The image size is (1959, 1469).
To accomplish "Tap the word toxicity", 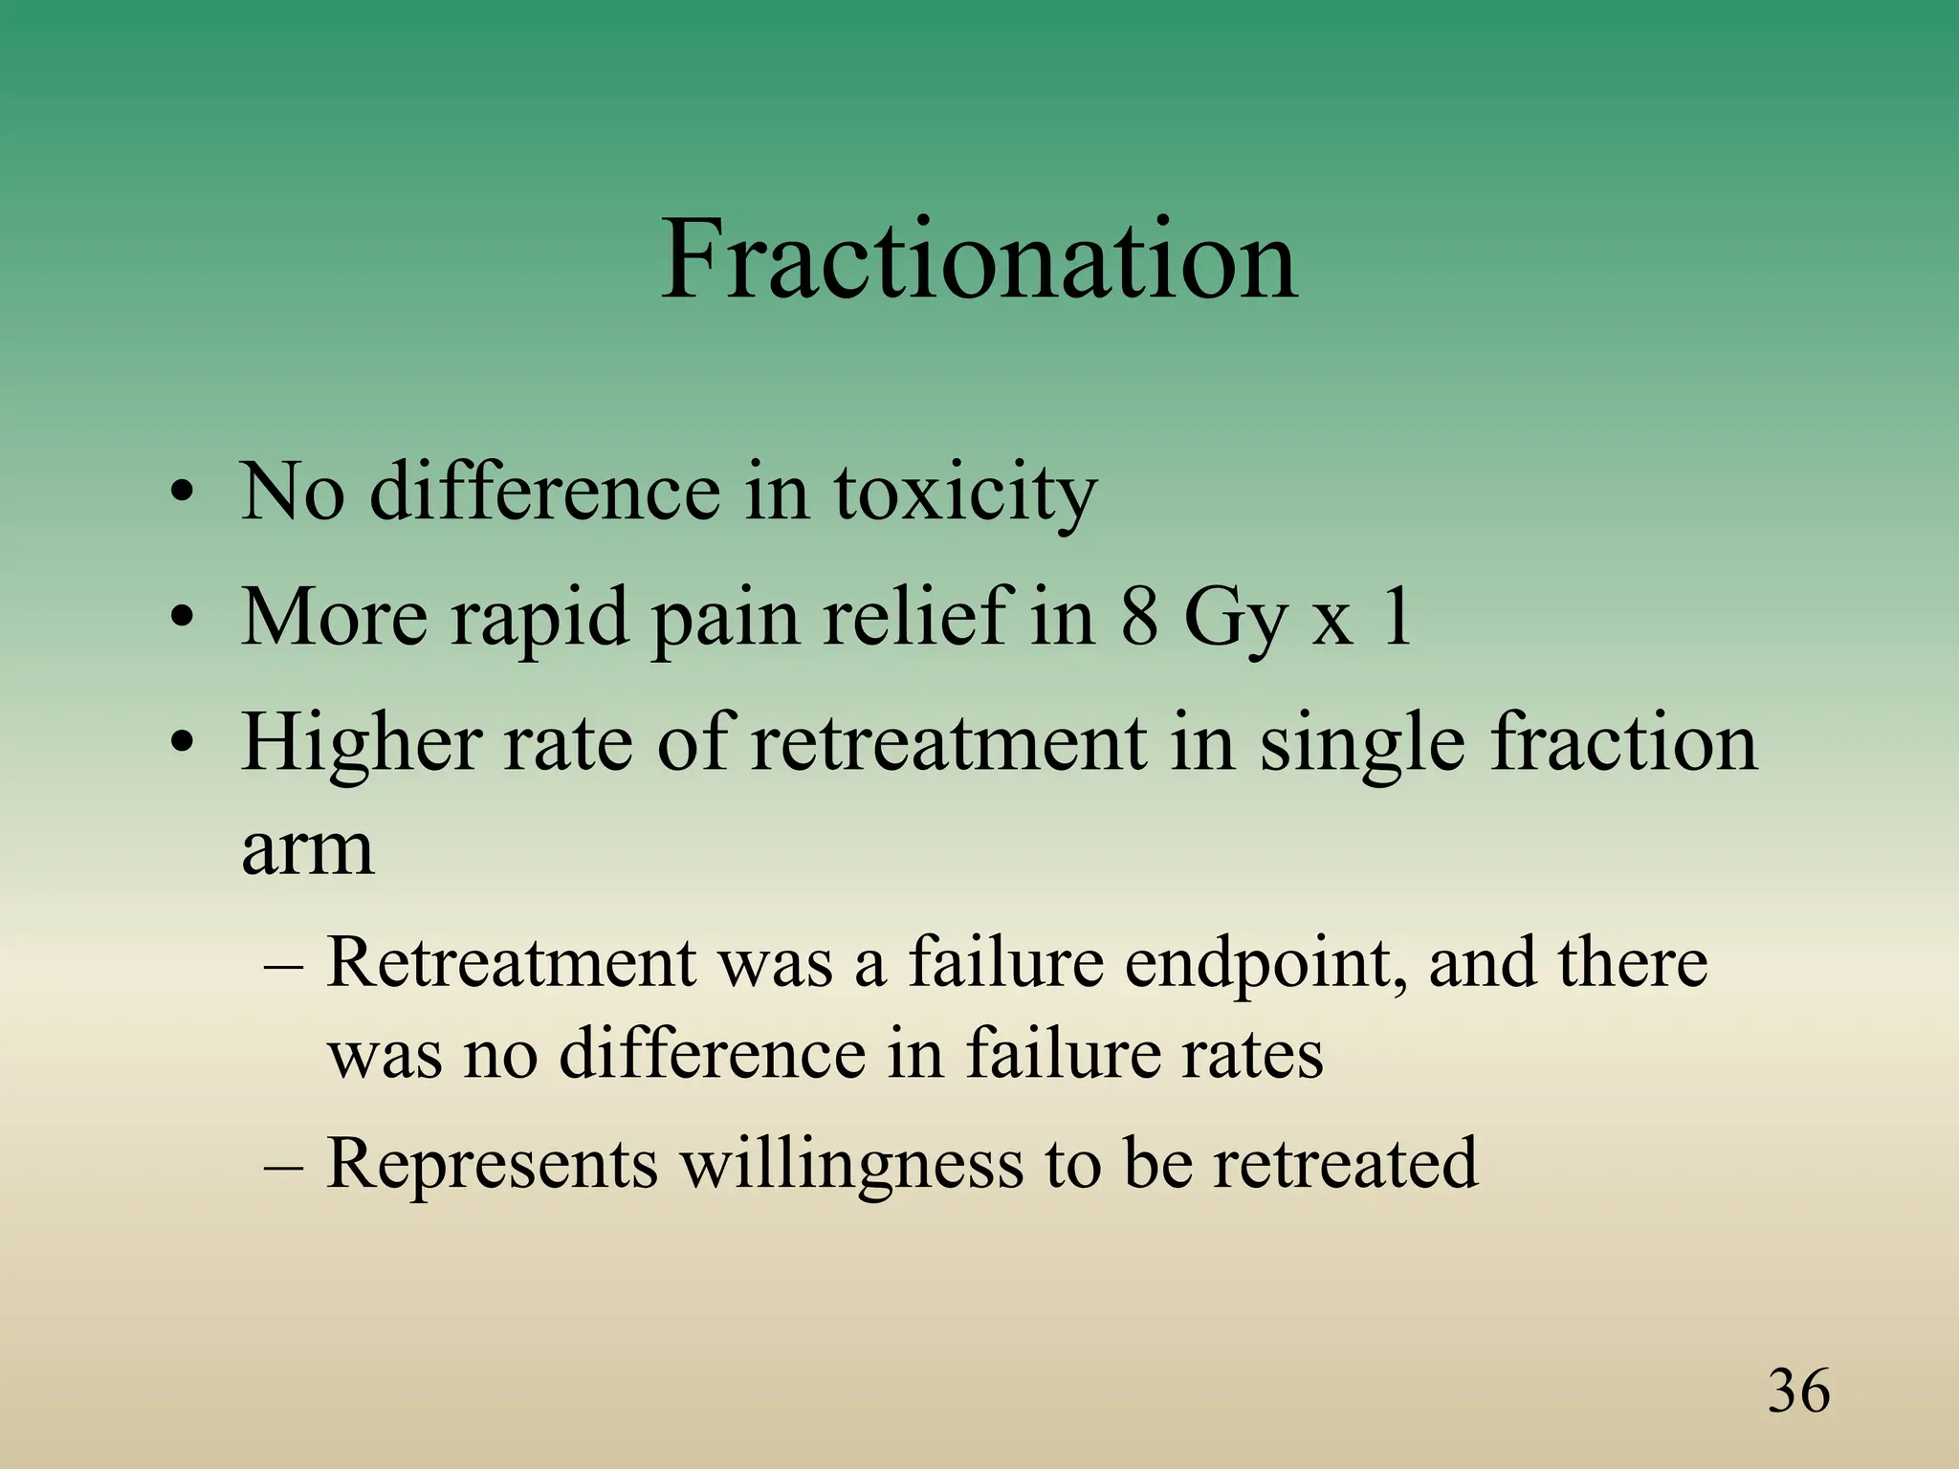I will coord(965,493).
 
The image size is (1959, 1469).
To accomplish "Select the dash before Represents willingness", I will coord(283,1166).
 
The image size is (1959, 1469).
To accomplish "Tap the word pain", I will coord(724,620).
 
